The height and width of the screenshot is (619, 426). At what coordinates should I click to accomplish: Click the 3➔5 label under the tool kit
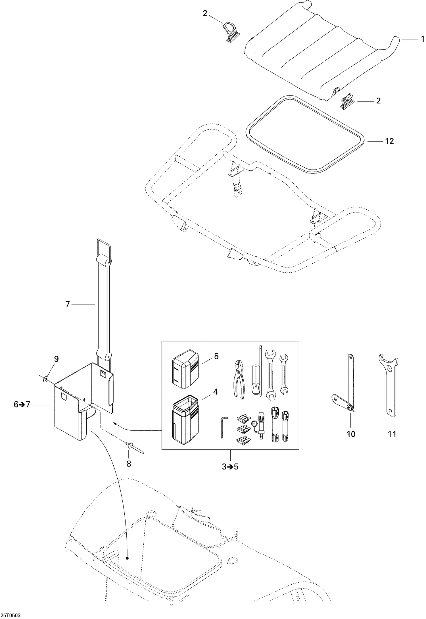coord(230,466)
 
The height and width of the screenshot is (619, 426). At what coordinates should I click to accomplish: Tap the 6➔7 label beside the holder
coord(22,405)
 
